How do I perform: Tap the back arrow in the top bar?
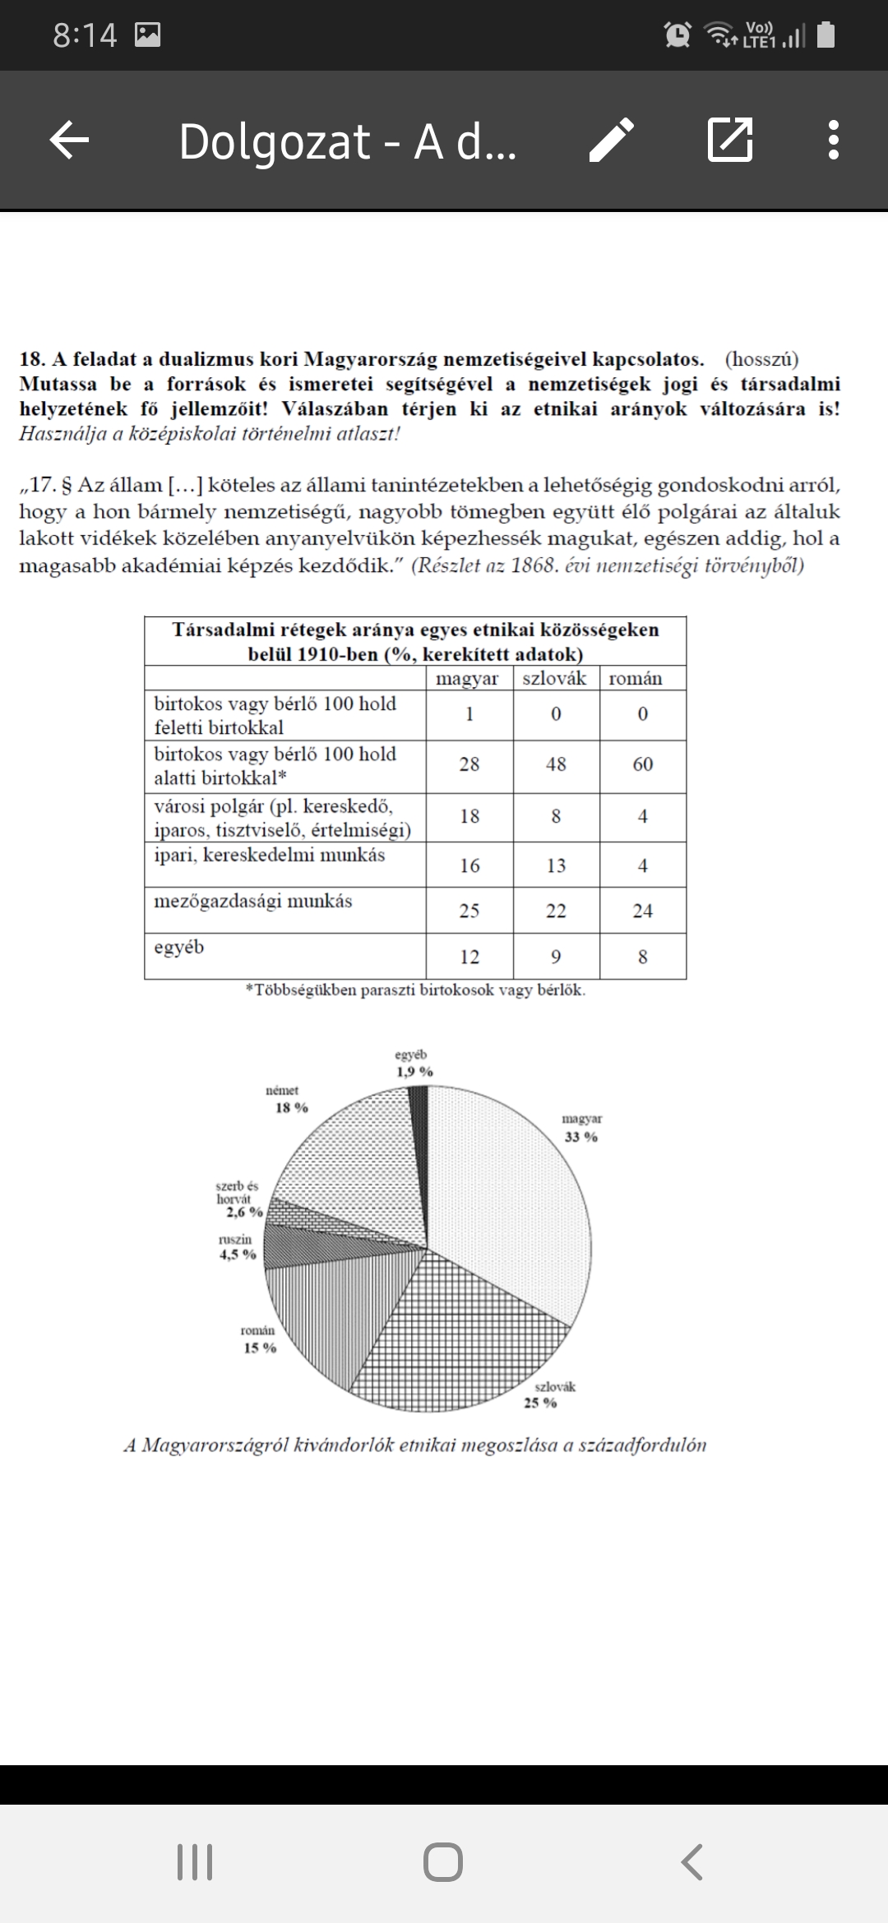[x=70, y=140]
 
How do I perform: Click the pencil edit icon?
[x=612, y=140]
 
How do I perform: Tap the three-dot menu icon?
[x=833, y=140]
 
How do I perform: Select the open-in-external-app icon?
[x=729, y=140]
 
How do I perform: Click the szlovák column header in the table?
[x=555, y=678]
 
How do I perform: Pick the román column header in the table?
[x=636, y=678]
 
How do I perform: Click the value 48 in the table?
[x=556, y=764]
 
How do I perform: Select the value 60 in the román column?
[x=643, y=764]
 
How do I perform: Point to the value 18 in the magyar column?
[x=469, y=816]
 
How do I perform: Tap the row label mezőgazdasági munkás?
[x=253, y=902]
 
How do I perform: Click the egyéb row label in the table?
[x=179, y=948]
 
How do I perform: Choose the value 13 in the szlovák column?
[x=556, y=865]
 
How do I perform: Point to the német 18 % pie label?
[x=287, y=1100]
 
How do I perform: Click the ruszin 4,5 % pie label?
[x=237, y=1247]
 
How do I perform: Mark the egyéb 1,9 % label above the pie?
[x=413, y=1063]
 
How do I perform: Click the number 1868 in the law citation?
[x=534, y=565]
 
